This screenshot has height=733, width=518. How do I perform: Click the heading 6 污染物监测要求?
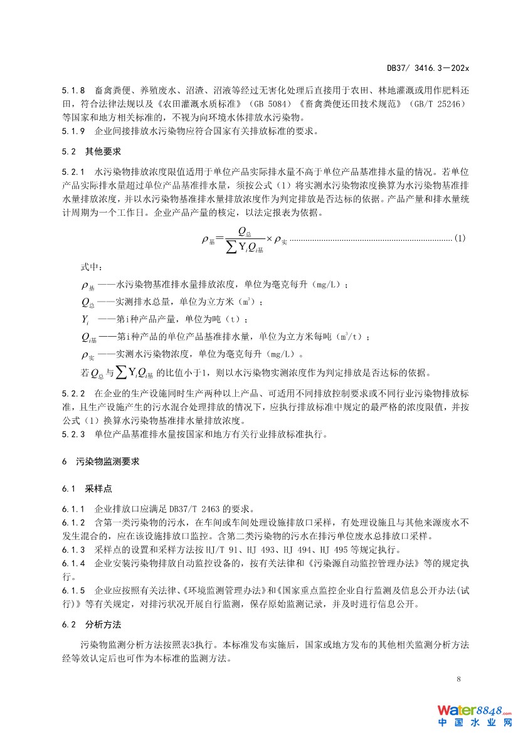click(101, 461)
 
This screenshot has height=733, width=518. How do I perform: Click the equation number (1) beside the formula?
click(459, 239)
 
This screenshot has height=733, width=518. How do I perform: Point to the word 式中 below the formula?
click(90, 267)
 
